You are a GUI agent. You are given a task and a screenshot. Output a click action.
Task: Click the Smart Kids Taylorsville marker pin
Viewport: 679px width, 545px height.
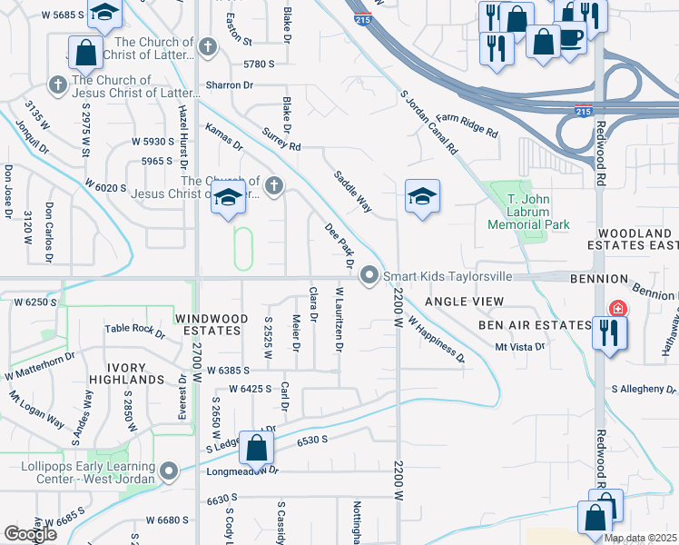pos(369,275)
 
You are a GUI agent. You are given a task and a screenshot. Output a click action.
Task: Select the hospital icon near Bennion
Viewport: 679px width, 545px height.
pos(617,310)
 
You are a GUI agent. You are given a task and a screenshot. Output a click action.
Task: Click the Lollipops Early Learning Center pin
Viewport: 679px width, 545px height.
pos(170,471)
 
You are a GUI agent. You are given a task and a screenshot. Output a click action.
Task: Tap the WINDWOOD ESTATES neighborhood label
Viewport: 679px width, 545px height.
pos(210,323)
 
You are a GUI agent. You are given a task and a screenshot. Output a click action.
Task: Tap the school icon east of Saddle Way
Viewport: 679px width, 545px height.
pos(423,197)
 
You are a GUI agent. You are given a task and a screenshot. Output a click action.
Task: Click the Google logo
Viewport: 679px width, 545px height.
pos(30,534)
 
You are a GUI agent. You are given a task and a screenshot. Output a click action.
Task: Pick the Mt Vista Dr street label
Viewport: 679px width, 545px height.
pos(519,347)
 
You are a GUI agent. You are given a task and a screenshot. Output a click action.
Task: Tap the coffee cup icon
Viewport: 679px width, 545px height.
pos(571,38)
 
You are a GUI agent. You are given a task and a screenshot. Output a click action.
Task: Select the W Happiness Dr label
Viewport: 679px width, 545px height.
pos(437,340)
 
